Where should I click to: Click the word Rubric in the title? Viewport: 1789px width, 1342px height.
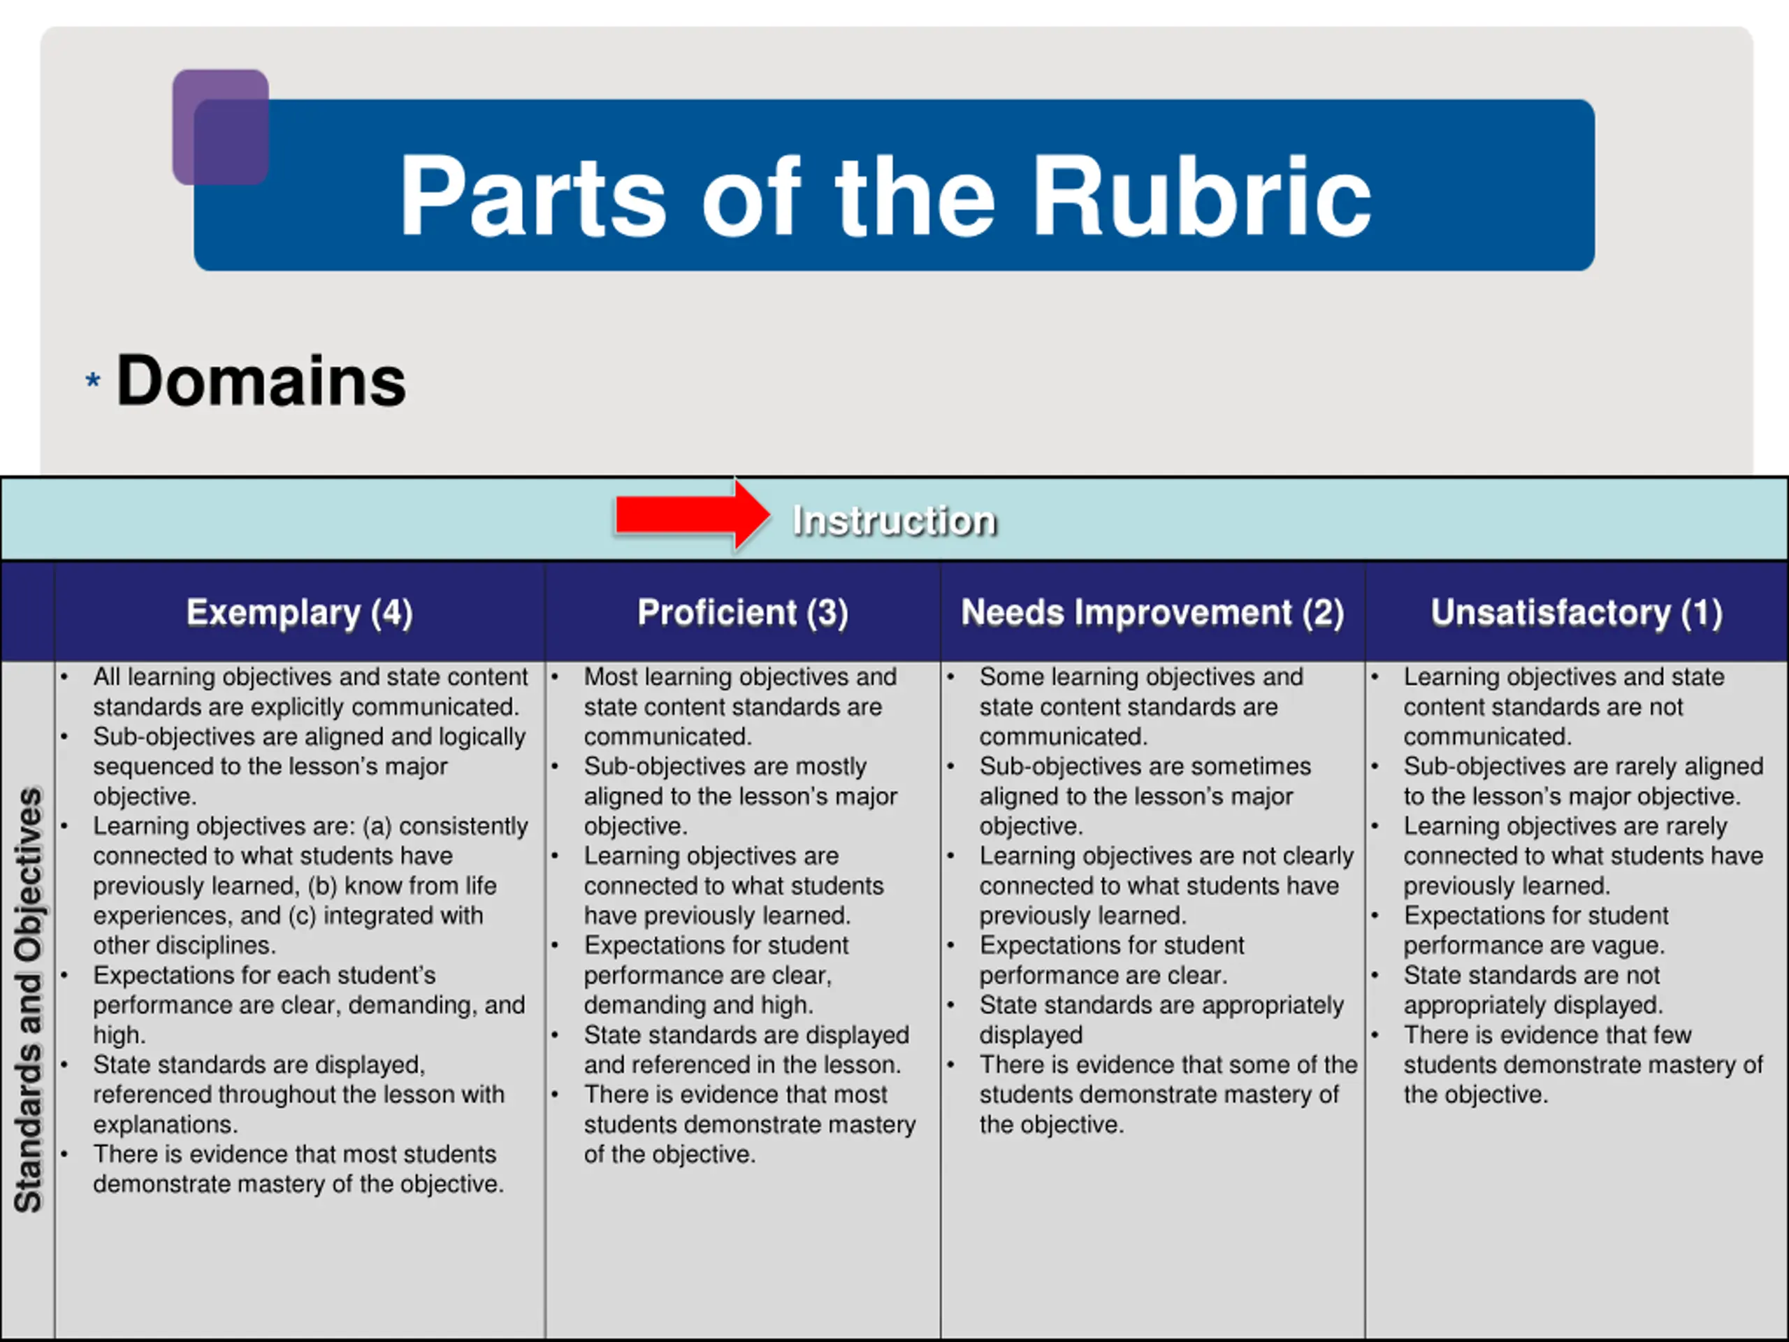click(1202, 196)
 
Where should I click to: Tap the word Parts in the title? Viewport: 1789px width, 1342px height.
click(534, 196)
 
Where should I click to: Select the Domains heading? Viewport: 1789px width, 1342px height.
click(261, 381)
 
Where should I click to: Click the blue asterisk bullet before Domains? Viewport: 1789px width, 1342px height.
click(93, 380)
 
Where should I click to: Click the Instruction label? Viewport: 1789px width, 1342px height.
click(894, 520)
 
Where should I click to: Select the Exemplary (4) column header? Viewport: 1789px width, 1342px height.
click(299, 612)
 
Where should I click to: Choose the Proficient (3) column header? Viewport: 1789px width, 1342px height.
click(742, 612)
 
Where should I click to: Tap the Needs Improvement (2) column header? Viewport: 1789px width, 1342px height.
click(1152, 612)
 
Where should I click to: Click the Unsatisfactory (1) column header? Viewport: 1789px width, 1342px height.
click(1577, 612)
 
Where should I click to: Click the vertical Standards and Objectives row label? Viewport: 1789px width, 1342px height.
click(29, 999)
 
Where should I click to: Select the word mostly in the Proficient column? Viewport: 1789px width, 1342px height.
click(827, 766)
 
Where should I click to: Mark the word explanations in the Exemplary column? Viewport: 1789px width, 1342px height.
click(164, 1125)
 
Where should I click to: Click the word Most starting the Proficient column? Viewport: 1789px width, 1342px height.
click(611, 677)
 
